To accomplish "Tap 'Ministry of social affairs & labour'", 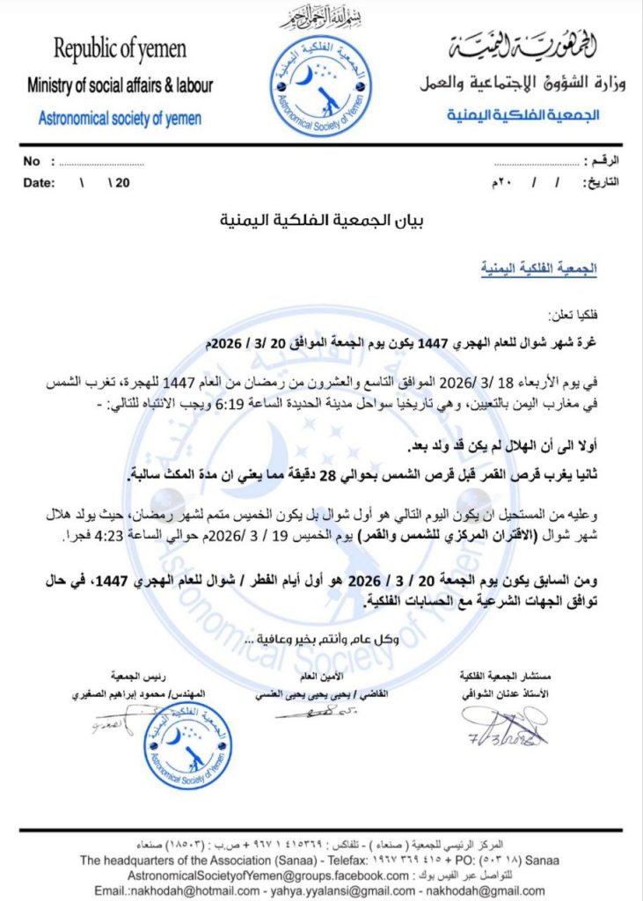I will point(120,86).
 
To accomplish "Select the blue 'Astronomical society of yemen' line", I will point(120,118).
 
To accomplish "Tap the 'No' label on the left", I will point(33,162).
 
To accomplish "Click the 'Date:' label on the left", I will point(39,183).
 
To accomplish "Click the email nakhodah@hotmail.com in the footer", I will point(158,890).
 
